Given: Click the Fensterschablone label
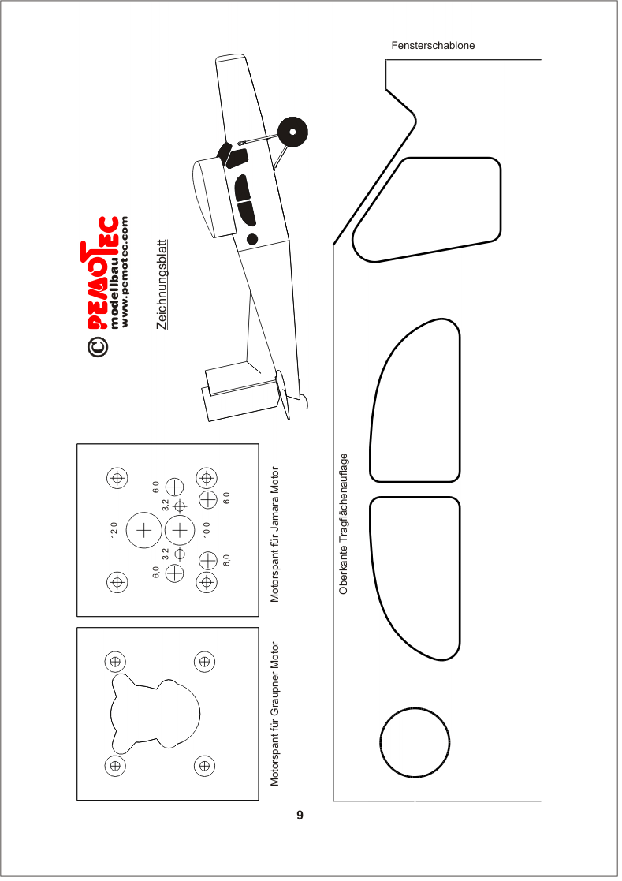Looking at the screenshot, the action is point(433,46).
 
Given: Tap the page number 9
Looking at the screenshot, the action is point(300,816).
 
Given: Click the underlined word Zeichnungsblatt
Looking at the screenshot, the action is point(162,284).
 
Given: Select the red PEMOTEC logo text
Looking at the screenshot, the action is point(99,273).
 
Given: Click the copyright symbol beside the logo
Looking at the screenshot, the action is point(97,346).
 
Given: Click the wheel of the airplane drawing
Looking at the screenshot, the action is point(292,132).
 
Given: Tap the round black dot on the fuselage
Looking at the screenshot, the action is point(252,239).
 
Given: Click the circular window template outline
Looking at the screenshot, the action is point(415,708).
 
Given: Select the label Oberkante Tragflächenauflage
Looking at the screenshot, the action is point(344,524).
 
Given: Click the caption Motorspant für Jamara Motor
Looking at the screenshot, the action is point(274,534).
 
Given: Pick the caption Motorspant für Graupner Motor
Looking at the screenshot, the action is point(274,714).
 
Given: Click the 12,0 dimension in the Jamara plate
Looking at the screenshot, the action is point(114,530).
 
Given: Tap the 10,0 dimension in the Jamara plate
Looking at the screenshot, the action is point(207,530).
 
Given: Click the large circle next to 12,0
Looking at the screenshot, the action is point(144,512).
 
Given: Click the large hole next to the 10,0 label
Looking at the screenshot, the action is point(180,515).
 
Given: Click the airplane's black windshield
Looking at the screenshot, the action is point(225,151).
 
